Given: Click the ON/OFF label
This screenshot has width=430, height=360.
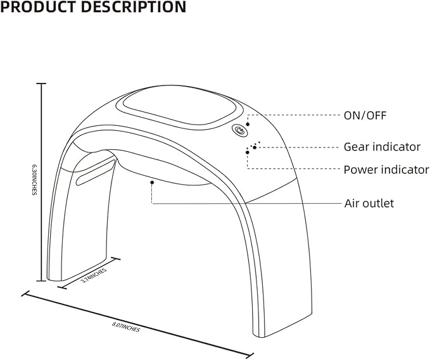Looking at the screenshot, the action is click(x=365, y=115).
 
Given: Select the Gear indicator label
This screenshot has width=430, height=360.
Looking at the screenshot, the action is click(x=382, y=147).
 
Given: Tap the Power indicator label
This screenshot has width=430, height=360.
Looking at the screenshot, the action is click(x=386, y=170).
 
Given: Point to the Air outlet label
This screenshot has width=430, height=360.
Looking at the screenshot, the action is click(x=369, y=203).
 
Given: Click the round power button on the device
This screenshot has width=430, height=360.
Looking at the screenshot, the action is click(x=239, y=131).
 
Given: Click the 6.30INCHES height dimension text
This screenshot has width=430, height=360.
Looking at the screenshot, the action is click(x=35, y=180).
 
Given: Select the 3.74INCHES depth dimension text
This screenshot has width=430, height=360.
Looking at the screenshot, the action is click(x=94, y=276).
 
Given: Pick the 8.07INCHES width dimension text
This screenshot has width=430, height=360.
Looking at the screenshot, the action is click(x=126, y=327).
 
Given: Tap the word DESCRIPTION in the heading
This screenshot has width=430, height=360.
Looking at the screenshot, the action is click(x=134, y=7).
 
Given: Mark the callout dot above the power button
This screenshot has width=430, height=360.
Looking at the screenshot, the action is click(x=248, y=125).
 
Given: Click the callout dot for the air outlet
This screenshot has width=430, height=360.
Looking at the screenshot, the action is click(x=152, y=182).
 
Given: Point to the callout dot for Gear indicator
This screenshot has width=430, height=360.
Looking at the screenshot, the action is click(x=255, y=147).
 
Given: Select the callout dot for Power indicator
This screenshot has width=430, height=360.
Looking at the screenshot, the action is click(x=248, y=152).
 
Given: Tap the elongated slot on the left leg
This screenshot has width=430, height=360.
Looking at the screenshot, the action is click(x=95, y=172).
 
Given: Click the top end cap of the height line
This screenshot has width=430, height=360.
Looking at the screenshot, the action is click(x=41, y=84).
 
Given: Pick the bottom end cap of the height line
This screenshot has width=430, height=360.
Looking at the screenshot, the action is click(x=41, y=281).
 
